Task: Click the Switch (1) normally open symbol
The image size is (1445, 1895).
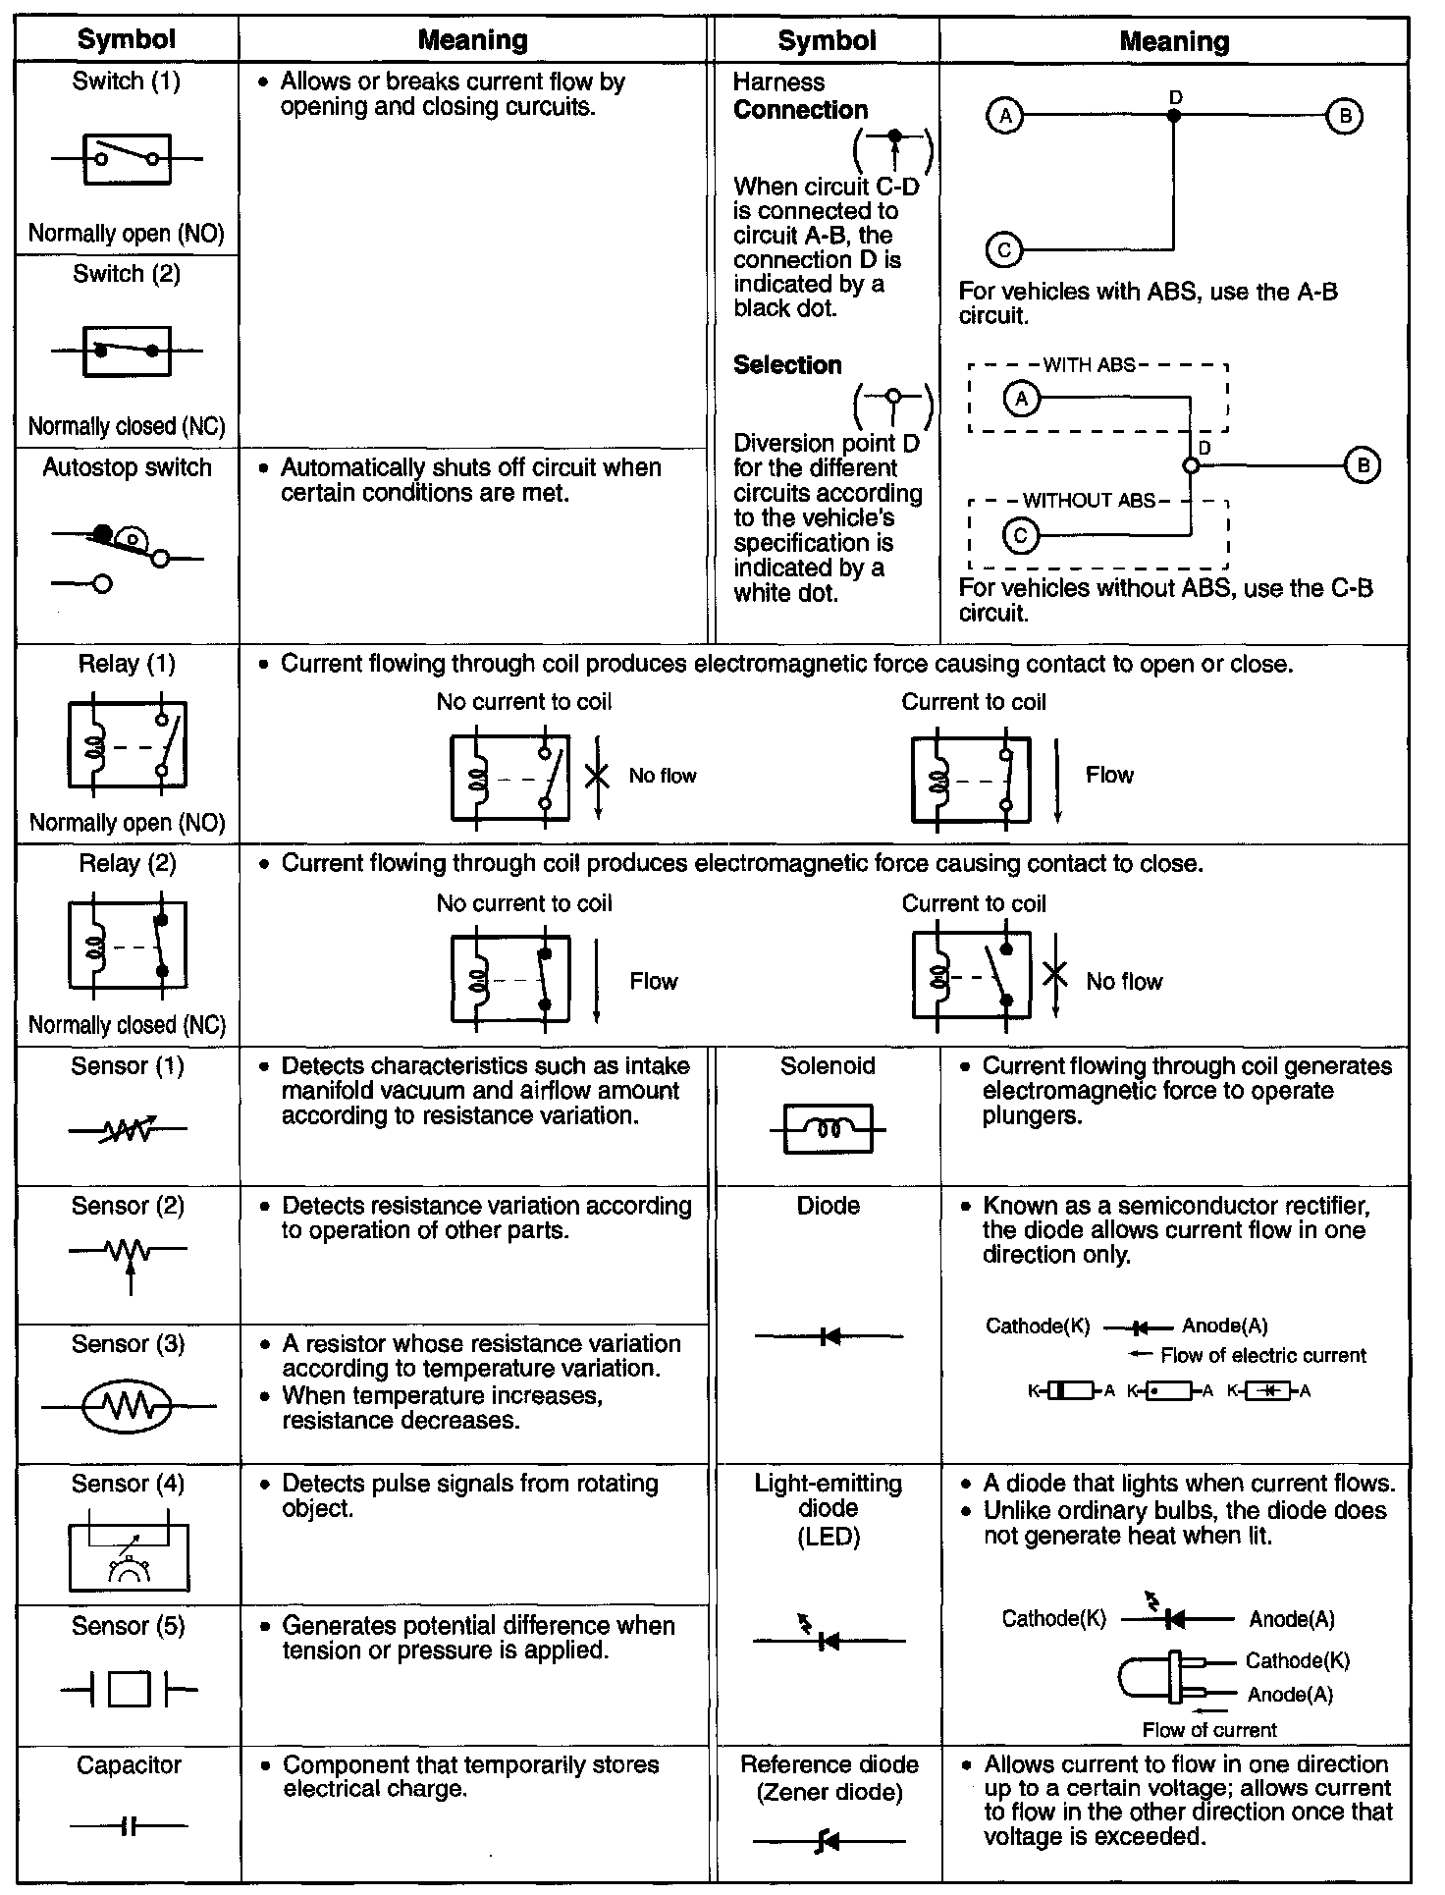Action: [x=128, y=159]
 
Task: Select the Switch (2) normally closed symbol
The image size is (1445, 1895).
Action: [x=128, y=351]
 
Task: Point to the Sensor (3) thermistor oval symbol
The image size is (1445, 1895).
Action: [x=128, y=1406]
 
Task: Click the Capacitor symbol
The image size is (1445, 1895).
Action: [x=129, y=1826]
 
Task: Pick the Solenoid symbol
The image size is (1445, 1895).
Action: [x=829, y=1129]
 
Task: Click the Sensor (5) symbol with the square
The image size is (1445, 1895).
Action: [x=129, y=1690]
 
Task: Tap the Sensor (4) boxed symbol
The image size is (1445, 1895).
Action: [x=129, y=1557]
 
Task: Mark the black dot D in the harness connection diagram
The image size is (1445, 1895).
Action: [x=1174, y=116]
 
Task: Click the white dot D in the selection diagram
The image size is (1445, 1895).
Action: [x=1191, y=466]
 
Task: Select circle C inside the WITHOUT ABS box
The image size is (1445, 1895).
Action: [x=1021, y=536]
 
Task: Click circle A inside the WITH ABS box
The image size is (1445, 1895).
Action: [x=1022, y=399]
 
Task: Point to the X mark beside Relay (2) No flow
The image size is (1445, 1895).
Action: [x=1054, y=975]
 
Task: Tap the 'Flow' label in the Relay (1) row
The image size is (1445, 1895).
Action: [x=1109, y=776]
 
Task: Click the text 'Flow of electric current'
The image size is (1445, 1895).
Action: [x=1262, y=1356]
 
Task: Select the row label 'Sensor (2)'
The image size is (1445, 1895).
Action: [x=128, y=1206]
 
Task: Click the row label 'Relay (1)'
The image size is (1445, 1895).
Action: [x=127, y=664]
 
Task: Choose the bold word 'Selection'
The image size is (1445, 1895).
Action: [x=787, y=365]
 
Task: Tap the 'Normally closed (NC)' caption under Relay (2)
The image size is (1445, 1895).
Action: [x=127, y=1025]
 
